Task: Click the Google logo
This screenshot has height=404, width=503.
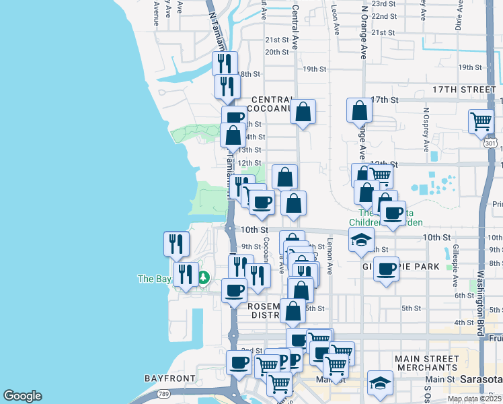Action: coord(22,396)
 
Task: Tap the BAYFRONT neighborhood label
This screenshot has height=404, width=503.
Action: coord(169,378)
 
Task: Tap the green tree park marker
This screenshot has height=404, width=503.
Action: coord(202,277)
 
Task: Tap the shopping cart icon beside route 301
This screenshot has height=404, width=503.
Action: coord(481,122)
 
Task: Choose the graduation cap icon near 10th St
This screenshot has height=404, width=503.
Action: coord(361,239)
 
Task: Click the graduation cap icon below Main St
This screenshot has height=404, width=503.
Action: coord(380,383)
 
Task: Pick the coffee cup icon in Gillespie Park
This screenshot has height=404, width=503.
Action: coord(386,269)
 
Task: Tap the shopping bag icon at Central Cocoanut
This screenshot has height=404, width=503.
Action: coord(303,111)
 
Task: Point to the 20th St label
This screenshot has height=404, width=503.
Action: coord(276,52)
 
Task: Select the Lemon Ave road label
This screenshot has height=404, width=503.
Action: coord(330,257)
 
